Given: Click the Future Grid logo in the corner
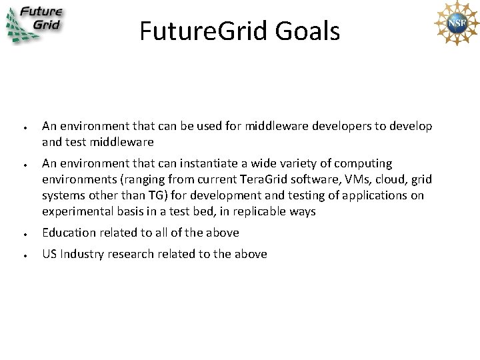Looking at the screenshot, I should click(35, 25).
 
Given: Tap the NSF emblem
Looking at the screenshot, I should click(456, 23).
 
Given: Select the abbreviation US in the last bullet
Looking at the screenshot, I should click(49, 254).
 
